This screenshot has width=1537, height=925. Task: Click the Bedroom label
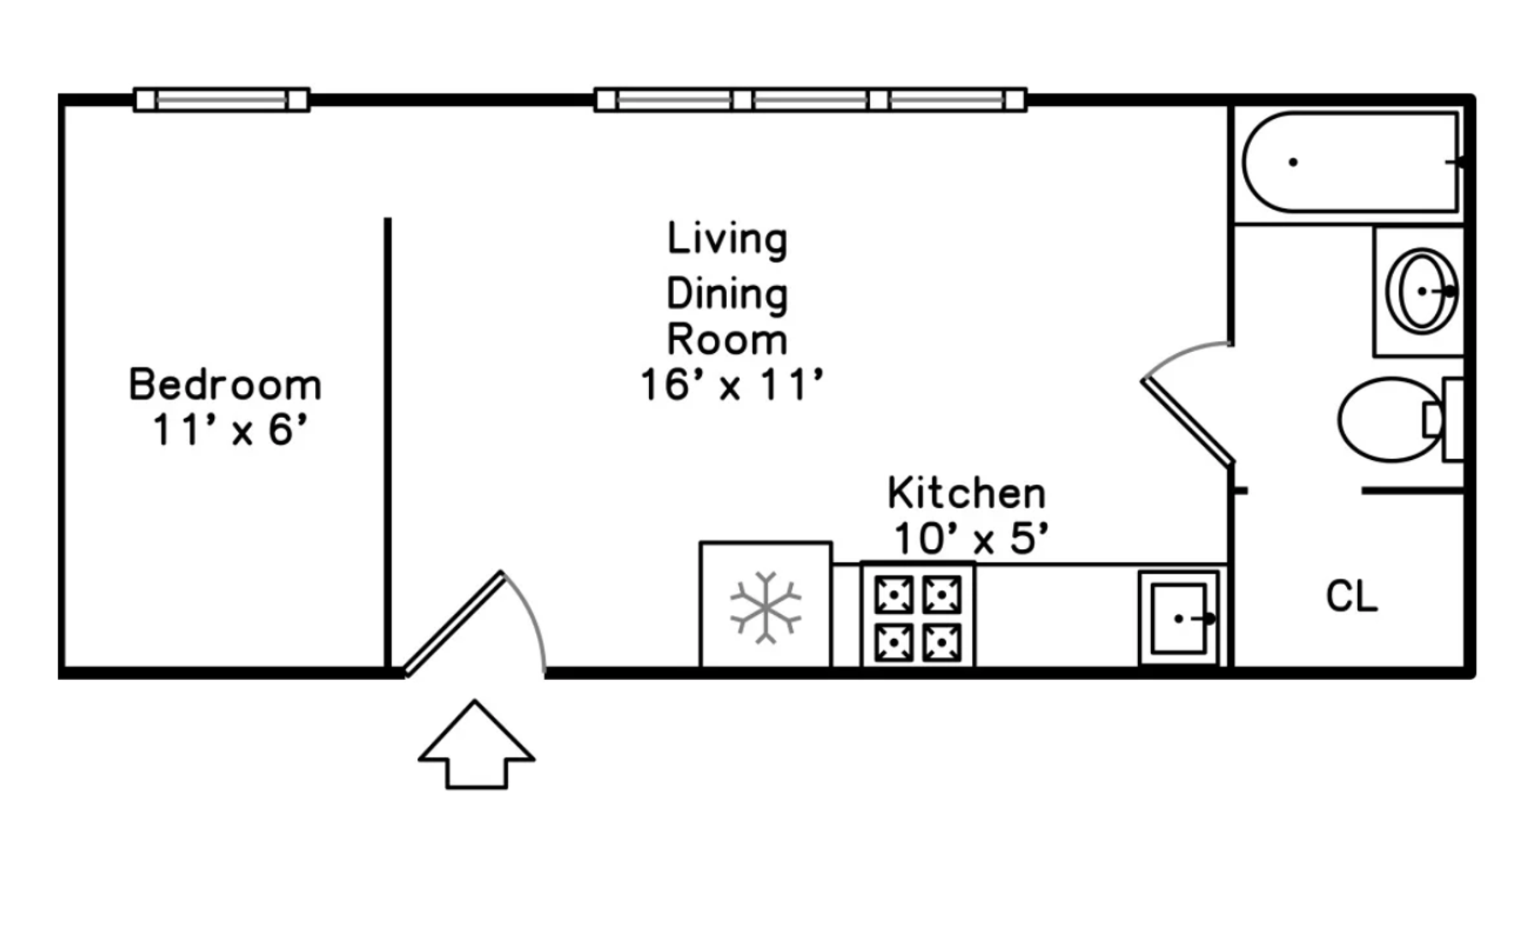coord(225,385)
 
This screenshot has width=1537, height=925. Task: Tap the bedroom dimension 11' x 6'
coord(229,430)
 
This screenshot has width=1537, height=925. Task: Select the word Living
coord(727,239)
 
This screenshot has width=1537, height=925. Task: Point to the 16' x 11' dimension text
coord(731,385)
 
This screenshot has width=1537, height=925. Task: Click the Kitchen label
coord(967,492)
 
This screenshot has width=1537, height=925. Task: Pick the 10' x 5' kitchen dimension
coord(971,539)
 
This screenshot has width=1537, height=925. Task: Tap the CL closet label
coord(1352,596)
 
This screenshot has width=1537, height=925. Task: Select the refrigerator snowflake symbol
coord(766,607)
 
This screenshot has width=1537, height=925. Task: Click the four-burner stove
coord(918,614)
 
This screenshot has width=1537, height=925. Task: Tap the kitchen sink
coord(1179,618)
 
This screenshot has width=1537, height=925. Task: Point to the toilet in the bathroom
coord(1400,419)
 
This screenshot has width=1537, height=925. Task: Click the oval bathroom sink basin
coord(1421,290)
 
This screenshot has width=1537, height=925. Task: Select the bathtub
coord(1350,162)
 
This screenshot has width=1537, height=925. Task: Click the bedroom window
coord(222,100)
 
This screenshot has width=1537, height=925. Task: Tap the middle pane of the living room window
coord(810,100)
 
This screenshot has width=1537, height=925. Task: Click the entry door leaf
coord(454,624)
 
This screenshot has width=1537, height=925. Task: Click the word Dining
coord(727,295)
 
